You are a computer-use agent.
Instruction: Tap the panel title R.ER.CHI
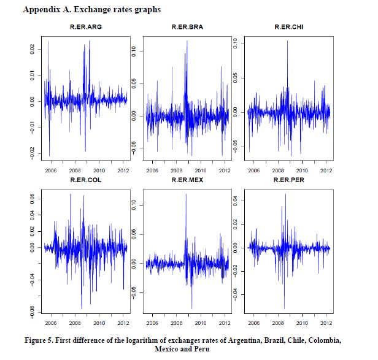pyautogui.click(x=288, y=28)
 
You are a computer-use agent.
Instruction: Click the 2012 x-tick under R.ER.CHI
pyautogui.click(x=326, y=170)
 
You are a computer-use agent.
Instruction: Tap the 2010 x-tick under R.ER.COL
pyautogui.click(x=99, y=323)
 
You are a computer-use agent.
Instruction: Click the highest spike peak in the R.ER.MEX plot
pyautogui.click(x=186, y=194)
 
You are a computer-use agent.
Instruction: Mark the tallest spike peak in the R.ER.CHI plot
pyautogui.click(x=287, y=40)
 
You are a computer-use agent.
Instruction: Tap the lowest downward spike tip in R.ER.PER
pyautogui.click(x=284, y=308)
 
